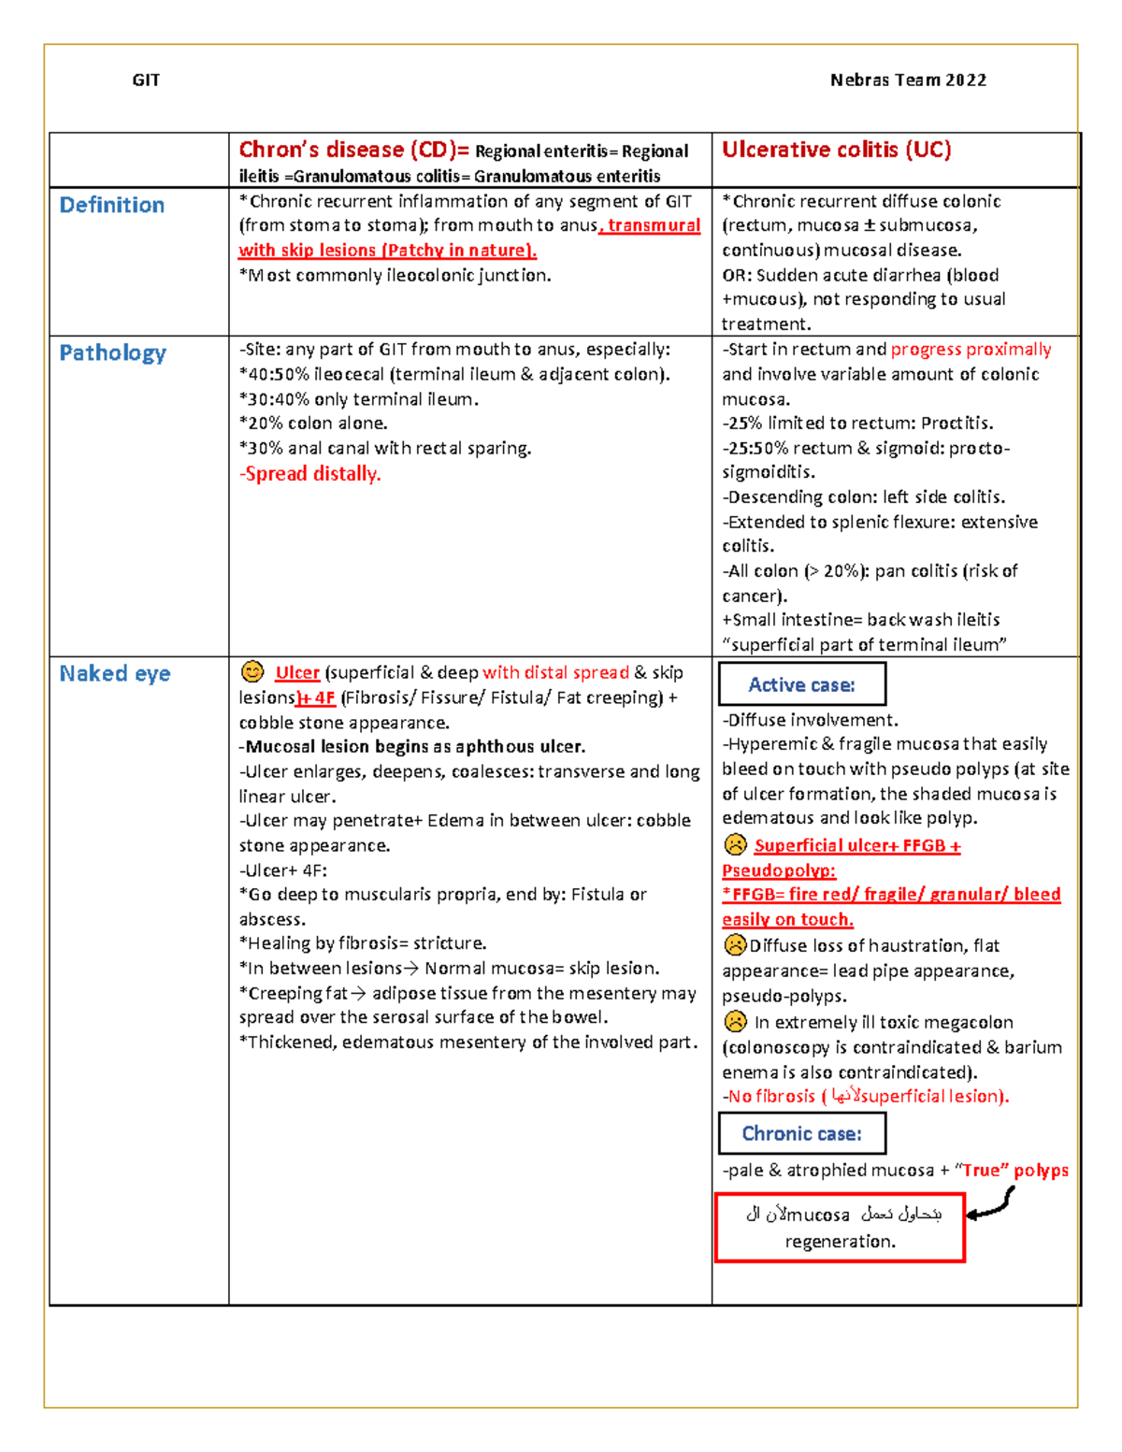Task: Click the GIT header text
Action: [146, 80]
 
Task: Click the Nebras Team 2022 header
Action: [908, 80]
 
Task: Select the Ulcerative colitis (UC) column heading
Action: [836, 150]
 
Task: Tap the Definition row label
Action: [112, 205]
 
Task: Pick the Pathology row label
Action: [113, 352]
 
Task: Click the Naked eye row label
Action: [115, 673]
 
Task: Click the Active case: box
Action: [801, 684]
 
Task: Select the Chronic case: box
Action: [801, 1133]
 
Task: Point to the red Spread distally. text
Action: [310, 473]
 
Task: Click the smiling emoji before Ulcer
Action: [252, 671]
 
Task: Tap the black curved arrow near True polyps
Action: [992, 1204]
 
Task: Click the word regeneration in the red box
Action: [840, 1242]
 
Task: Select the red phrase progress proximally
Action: [971, 349]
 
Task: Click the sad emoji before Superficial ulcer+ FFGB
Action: [736, 845]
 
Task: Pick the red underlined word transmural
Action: [654, 225]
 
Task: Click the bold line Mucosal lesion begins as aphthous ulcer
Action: [412, 746]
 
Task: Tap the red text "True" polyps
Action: [1014, 1170]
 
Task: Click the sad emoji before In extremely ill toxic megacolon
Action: [736, 1021]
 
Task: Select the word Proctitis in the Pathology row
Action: [957, 423]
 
